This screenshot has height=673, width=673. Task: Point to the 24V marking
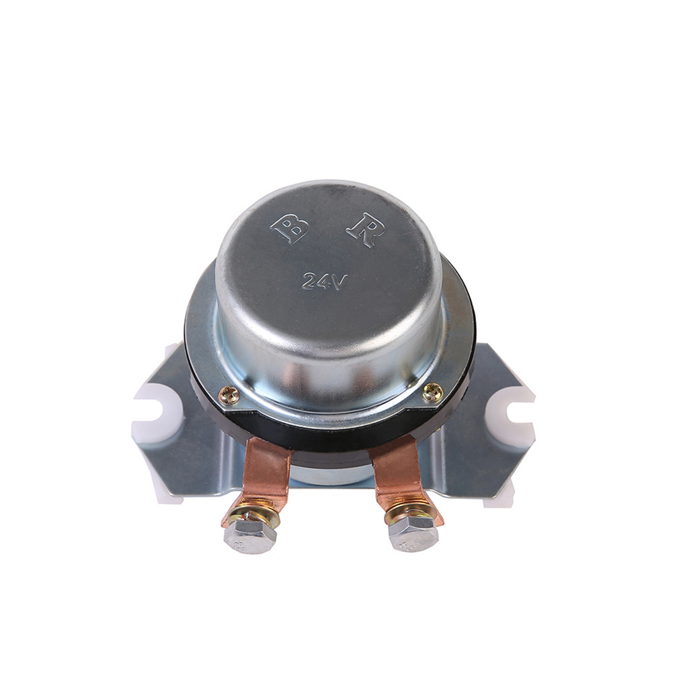click(x=324, y=281)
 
